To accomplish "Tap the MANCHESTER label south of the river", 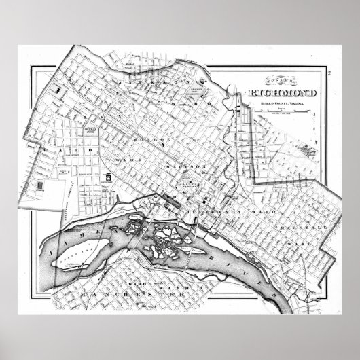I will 136,296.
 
